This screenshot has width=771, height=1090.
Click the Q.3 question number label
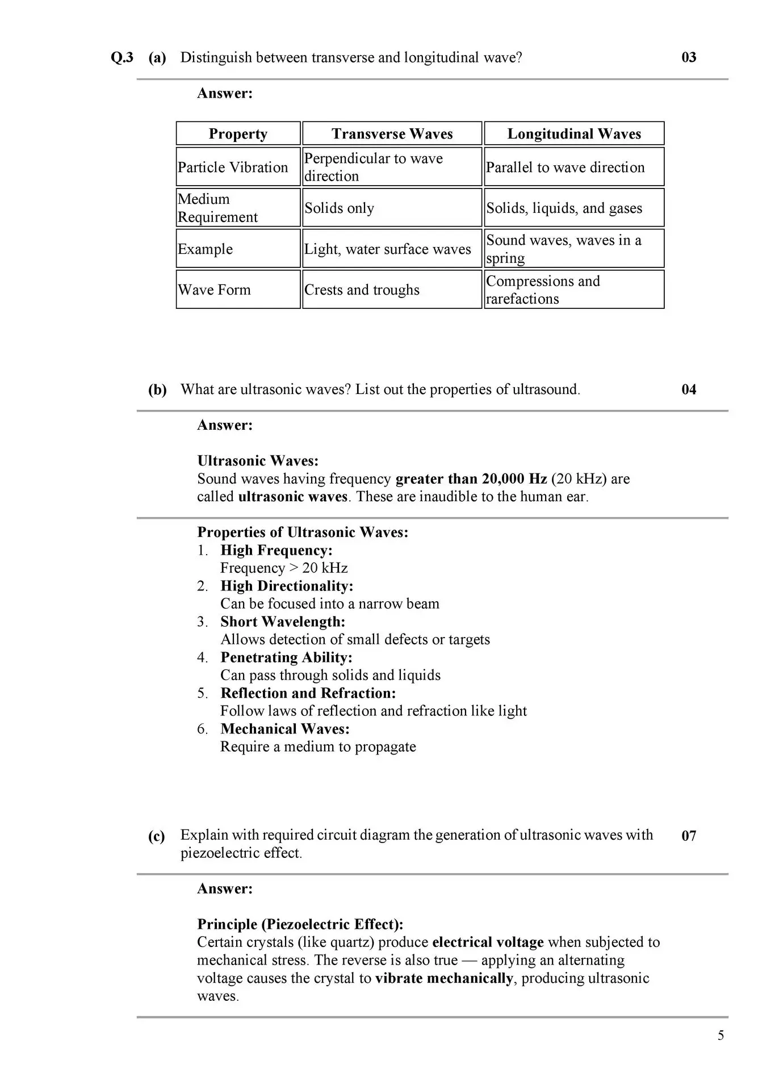122,57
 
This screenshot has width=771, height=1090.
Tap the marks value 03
688,57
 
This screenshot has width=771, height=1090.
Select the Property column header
238,134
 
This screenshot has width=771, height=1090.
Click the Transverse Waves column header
392,134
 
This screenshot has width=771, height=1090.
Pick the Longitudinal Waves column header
573,134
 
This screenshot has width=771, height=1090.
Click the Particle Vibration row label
233,167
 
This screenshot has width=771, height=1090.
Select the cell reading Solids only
339,208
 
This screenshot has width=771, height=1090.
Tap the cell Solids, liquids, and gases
564,208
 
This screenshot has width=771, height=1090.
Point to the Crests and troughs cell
362,290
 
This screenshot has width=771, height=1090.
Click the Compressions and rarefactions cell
543,290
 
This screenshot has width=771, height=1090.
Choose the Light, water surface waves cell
387,249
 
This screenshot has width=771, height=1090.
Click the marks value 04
688,389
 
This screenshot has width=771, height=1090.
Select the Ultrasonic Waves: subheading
258,461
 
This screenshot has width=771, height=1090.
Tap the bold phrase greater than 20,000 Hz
471,479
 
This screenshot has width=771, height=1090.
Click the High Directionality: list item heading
287,586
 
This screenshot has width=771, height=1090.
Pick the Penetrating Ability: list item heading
286,657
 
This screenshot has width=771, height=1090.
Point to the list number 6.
203,729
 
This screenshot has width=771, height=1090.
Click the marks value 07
688,836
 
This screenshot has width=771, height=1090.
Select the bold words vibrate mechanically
444,979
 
